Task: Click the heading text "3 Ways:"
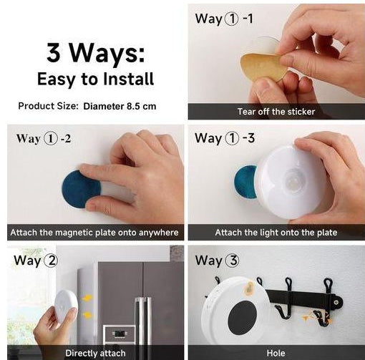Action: pos(95,52)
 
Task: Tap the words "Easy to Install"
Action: pos(95,78)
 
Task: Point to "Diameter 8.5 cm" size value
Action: pos(120,106)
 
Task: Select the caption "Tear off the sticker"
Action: pos(276,112)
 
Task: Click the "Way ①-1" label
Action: pos(224,19)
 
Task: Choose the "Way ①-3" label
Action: pos(224,137)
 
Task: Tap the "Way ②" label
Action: pos(36,261)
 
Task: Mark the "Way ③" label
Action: pos(218,260)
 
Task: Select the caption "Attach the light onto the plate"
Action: pos(276,233)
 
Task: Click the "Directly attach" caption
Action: pos(95,353)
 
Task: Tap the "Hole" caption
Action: pos(276,353)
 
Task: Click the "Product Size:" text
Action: pos(47,106)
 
